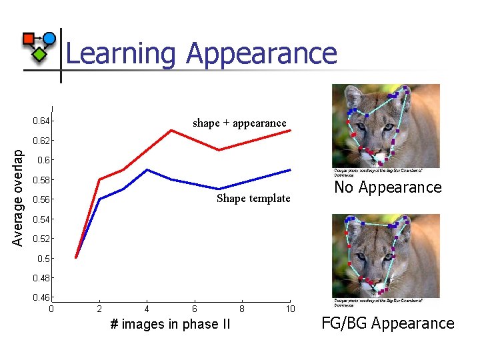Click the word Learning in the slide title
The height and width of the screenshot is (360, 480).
click(x=122, y=53)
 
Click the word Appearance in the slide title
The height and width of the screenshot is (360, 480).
click(x=262, y=53)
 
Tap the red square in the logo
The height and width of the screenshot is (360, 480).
click(x=29, y=39)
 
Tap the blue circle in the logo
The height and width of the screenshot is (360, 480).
click(x=49, y=38)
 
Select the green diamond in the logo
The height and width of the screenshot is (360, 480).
click(x=40, y=54)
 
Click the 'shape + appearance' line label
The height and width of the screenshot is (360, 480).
click(x=239, y=123)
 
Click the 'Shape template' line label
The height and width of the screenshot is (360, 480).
click(x=253, y=198)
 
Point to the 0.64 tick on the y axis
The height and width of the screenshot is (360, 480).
click(x=43, y=121)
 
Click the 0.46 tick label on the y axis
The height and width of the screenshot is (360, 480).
click(x=41, y=297)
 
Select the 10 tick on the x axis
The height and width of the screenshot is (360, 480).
click(x=290, y=309)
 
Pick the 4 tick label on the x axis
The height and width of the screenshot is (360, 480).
click(x=147, y=309)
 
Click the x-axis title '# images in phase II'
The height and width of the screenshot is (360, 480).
click(x=164, y=325)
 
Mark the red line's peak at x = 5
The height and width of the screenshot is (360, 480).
click(x=171, y=130)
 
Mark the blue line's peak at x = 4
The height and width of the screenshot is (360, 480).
click(x=147, y=169)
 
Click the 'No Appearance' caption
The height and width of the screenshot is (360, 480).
click(x=387, y=187)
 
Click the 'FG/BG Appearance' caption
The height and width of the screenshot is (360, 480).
click(x=387, y=324)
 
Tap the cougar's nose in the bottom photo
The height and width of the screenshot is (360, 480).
click(x=381, y=287)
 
